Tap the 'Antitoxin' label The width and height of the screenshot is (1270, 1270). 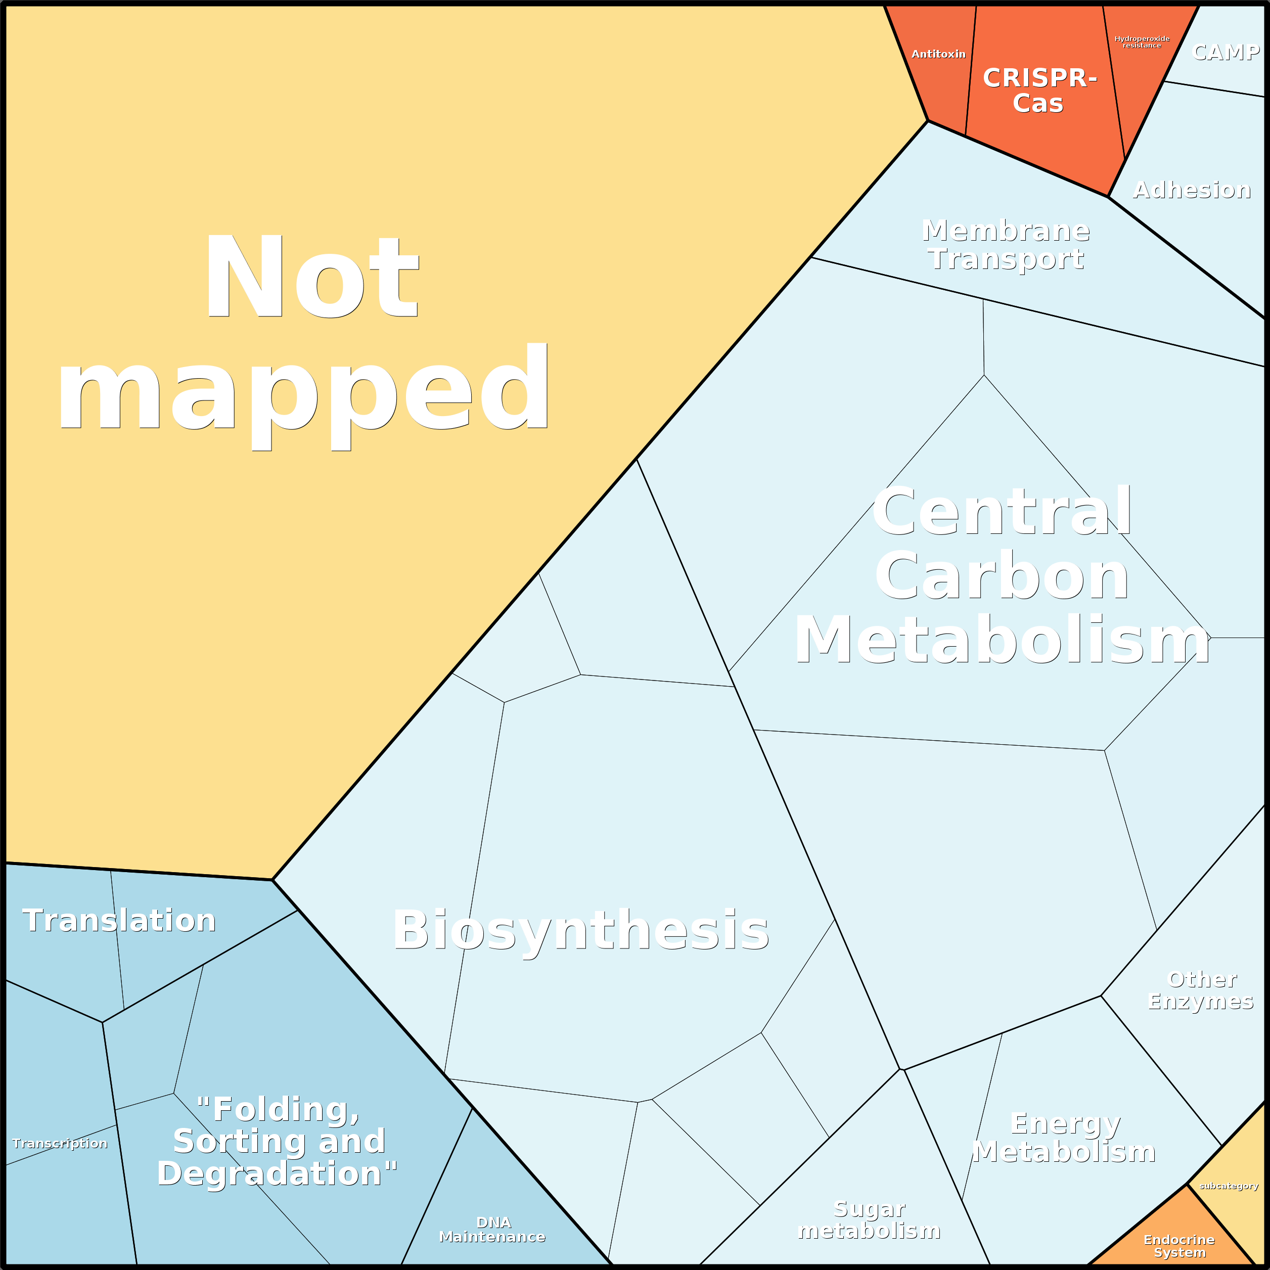coord(938,54)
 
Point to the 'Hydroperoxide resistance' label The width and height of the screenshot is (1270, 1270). coord(1142,42)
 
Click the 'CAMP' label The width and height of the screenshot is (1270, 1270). coord(1226,52)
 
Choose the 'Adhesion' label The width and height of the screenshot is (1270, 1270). coord(1191,190)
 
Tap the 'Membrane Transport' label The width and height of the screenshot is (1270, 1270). coord(1006,245)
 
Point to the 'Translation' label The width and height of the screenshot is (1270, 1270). coord(119,920)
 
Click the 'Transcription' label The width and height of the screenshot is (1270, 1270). coord(60,1143)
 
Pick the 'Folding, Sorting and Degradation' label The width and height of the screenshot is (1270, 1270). coord(278,1141)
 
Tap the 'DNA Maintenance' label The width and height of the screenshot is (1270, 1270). coord(492,1229)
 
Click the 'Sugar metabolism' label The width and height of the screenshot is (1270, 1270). coord(869,1219)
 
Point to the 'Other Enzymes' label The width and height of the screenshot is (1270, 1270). coord(1201,990)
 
